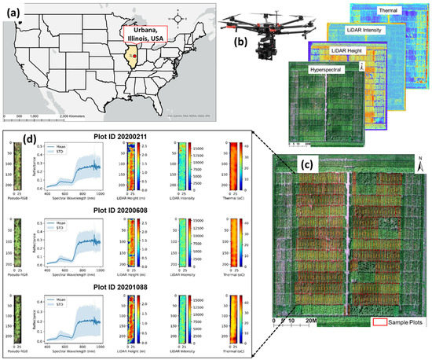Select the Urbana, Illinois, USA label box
pyautogui.click(x=149, y=36)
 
